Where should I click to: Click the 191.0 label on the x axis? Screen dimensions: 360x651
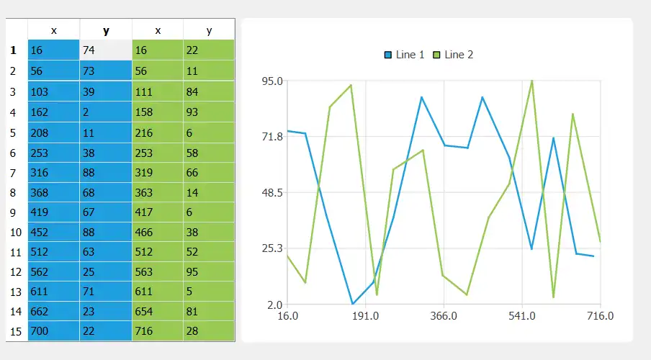point(366,315)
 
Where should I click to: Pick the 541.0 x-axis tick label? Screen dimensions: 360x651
point(521,315)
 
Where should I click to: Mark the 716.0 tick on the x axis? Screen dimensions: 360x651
point(600,315)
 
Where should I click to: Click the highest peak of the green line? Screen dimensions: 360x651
point(532,81)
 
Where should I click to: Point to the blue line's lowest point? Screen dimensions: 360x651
point(353,304)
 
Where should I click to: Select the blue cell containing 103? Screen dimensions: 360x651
point(53,91)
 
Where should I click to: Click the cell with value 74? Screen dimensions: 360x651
point(105,50)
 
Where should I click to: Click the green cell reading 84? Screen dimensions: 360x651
point(208,91)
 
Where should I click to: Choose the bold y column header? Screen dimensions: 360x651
point(106,31)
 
